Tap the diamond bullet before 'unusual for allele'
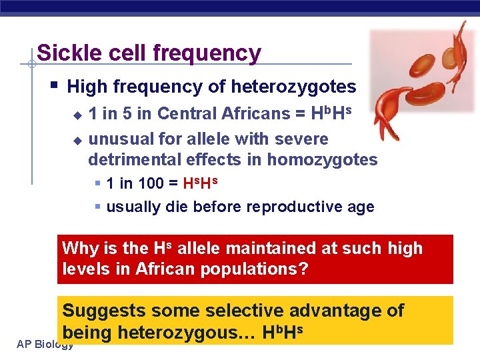point(77,140)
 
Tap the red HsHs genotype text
point(201,183)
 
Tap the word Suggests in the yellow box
point(104,311)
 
